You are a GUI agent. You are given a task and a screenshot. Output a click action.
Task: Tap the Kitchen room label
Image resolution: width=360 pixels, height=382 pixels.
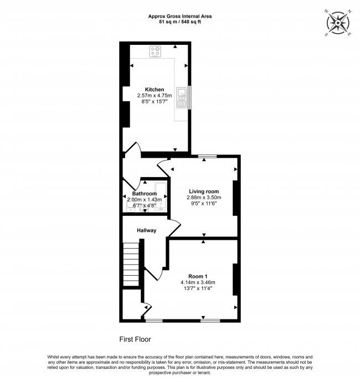(x=155, y=89)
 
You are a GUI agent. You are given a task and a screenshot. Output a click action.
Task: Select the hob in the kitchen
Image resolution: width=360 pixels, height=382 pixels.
(x=155, y=52)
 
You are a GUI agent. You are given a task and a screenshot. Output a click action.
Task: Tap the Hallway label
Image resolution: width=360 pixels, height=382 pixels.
(x=147, y=230)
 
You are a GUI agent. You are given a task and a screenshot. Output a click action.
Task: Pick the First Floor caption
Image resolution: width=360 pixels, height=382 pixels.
(x=135, y=339)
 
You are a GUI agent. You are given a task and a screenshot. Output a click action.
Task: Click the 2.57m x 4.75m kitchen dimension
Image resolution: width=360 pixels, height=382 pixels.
(x=155, y=95)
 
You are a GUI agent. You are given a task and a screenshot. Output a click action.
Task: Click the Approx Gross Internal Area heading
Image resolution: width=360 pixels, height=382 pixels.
(x=180, y=16)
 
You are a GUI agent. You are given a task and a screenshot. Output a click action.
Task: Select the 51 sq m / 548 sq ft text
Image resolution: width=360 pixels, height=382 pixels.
(x=180, y=22)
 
